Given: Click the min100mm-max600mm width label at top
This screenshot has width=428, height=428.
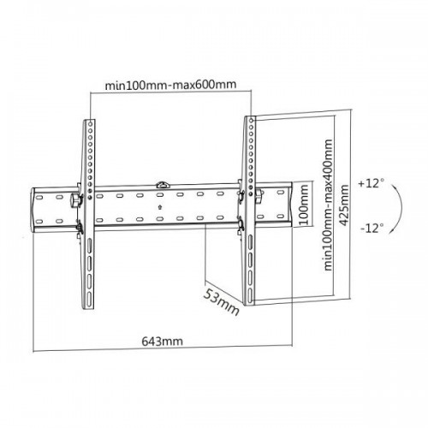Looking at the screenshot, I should [x=170, y=85].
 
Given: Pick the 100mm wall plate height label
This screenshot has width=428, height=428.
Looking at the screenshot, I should [x=304, y=205].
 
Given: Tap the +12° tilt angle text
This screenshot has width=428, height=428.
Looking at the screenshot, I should [x=372, y=183].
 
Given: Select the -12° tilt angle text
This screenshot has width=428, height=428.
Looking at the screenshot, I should [x=372, y=229].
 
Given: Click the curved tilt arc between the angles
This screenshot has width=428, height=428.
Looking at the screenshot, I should [x=399, y=205].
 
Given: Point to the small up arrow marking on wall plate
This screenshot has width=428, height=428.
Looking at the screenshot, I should [x=161, y=206].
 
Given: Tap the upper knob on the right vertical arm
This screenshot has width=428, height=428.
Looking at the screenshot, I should [x=253, y=196].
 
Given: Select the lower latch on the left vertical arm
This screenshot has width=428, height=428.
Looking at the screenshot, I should [x=80, y=227].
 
